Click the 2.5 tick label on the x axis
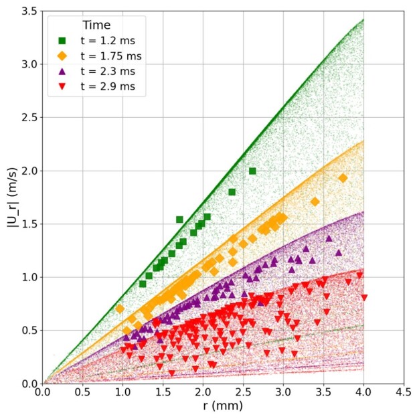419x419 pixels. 243,392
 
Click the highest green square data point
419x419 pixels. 252,171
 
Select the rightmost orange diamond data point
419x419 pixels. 343,178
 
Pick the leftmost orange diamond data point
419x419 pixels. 119,309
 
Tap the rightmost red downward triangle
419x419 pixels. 364,297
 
